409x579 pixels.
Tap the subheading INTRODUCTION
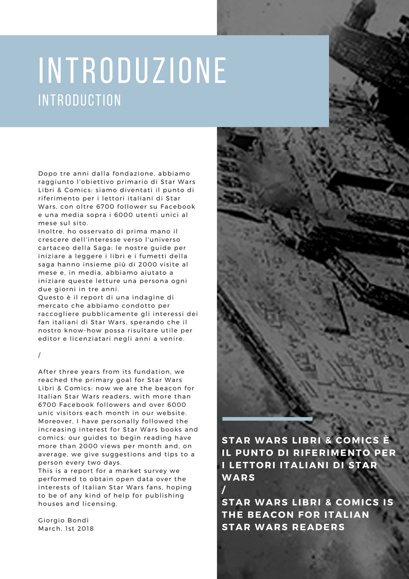coord(80,100)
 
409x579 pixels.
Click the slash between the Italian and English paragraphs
coord(40,355)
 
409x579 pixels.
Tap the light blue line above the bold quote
coord(267,419)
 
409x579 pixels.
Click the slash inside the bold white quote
coord(224,490)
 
